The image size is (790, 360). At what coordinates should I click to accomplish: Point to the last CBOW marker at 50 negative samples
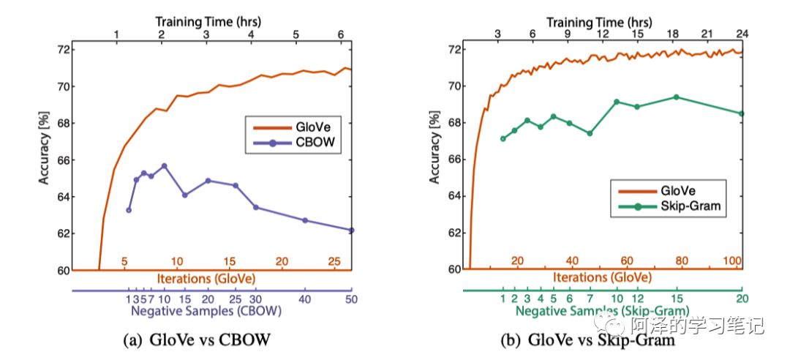coord(351,230)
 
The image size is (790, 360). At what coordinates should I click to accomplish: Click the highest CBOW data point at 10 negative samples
coord(164,166)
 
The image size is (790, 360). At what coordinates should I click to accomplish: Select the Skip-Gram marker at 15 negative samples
coord(676,97)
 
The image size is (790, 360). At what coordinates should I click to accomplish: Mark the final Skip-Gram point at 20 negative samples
coord(741,113)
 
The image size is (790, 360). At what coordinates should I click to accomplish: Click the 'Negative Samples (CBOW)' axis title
coord(206,310)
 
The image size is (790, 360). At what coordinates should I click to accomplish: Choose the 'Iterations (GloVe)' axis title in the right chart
coord(602,278)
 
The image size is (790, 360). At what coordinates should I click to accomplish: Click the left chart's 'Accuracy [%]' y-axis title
coord(45,160)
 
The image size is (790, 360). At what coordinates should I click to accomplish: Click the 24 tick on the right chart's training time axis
coord(741,34)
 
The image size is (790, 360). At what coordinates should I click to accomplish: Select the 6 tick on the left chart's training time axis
coord(340,34)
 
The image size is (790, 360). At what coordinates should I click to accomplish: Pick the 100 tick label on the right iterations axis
coord(731,261)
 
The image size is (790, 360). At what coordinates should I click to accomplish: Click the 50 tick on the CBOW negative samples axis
coord(350,299)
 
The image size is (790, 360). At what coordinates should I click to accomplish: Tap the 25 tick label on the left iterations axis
coord(334,261)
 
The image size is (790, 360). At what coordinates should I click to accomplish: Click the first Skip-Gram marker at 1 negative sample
coord(503,138)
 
